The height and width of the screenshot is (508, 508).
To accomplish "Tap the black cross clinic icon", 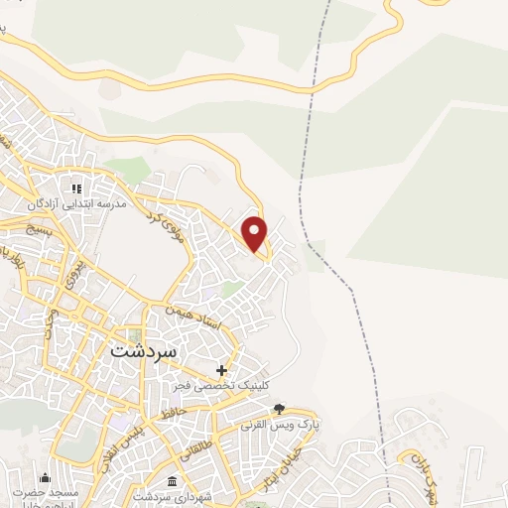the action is (x=221, y=369).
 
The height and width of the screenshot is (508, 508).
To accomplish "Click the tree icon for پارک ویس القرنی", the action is (x=280, y=409).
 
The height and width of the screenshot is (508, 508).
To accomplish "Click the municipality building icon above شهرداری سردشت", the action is (x=173, y=480).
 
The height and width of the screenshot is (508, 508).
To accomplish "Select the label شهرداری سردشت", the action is (x=168, y=495).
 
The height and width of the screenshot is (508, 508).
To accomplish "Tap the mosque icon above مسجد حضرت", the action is (x=44, y=477).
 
